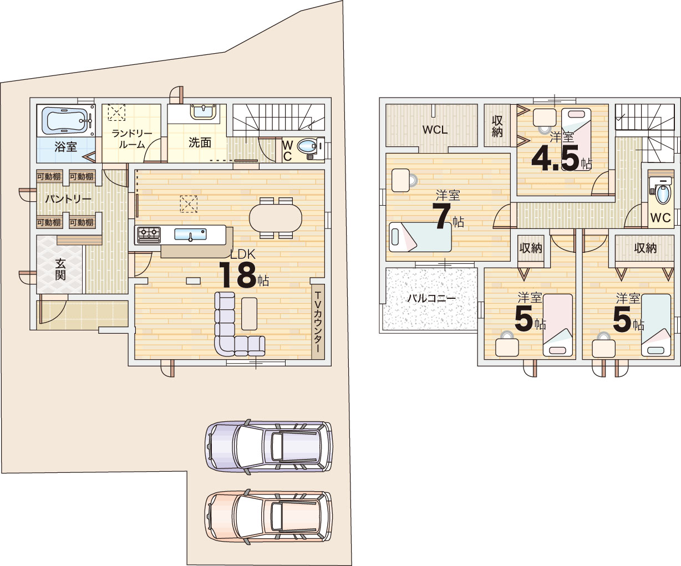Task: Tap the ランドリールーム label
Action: [x=132, y=139]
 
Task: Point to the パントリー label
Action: [x=68, y=199]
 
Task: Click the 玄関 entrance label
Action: [x=60, y=269]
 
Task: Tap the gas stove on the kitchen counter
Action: [x=149, y=234]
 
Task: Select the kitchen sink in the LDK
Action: [x=190, y=234]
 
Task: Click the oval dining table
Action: [x=276, y=218]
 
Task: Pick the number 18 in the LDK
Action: [x=238, y=275]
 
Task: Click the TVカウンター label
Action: [x=318, y=322]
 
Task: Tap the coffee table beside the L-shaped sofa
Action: [x=249, y=314]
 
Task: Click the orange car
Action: [x=269, y=517]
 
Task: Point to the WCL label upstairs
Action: [x=435, y=130]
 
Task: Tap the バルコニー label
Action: [x=431, y=298]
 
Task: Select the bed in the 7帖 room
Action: [x=420, y=237]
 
